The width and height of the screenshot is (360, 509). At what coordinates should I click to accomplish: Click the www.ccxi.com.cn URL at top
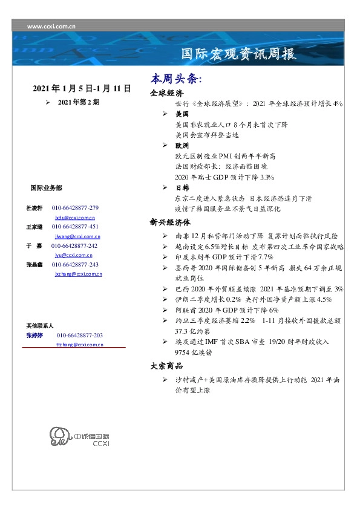(51, 27)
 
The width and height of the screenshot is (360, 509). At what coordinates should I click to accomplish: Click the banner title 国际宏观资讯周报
(239, 54)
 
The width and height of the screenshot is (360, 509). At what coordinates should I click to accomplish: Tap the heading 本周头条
(175, 80)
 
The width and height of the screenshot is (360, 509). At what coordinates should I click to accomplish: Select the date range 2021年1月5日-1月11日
(82, 89)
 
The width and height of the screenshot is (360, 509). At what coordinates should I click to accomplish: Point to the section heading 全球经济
(166, 94)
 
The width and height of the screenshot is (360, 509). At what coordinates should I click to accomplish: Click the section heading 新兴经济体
(171, 222)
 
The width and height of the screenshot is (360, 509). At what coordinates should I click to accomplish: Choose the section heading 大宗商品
(166, 366)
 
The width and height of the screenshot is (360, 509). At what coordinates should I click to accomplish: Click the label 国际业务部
(46, 188)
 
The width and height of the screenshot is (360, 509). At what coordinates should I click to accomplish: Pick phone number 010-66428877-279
(76, 208)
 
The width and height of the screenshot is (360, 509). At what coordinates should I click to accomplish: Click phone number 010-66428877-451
(76, 227)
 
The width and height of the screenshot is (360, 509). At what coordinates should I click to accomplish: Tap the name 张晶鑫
(34, 265)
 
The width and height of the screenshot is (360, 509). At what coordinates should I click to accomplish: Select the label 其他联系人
(40, 325)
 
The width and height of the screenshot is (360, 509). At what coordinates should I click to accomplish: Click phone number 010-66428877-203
(80, 335)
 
